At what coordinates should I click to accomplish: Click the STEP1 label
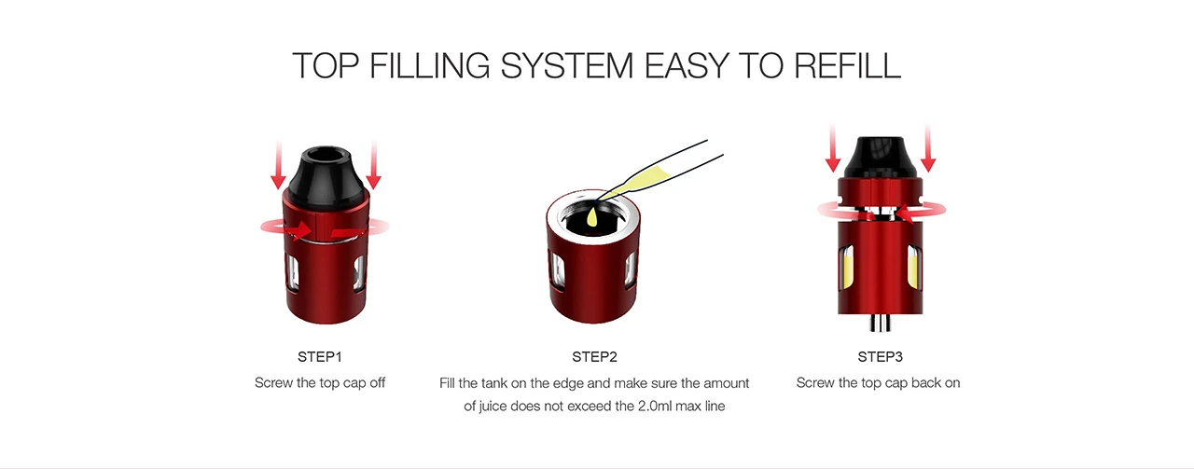click(319, 356)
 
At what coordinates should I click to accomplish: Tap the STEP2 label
click(594, 356)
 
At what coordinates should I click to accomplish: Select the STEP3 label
click(880, 356)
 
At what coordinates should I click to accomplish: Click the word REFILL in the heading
click(848, 65)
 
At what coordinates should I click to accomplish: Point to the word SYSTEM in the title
click(566, 65)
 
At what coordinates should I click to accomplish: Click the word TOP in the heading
click(326, 65)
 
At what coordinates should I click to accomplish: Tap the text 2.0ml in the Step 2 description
click(655, 407)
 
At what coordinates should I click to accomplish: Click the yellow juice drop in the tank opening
click(591, 216)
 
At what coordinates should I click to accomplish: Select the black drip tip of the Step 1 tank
click(326, 177)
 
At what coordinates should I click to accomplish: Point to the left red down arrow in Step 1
click(278, 165)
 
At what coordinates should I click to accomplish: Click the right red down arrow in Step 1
click(374, 165)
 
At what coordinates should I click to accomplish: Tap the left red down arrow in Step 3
click(833, 148)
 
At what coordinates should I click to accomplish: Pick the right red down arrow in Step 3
click(928, 148)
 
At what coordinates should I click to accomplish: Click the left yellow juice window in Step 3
click(847, 268)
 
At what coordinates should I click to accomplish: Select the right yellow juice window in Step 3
click(913, 267)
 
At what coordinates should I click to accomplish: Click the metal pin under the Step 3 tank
click(880, 323)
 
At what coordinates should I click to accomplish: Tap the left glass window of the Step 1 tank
click(292, 273)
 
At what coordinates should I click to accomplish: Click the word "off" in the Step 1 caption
click(376, 382)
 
